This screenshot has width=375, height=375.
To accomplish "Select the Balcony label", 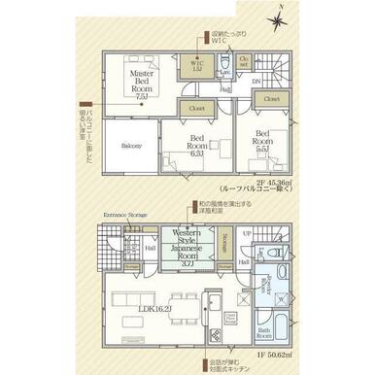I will coord(132,146).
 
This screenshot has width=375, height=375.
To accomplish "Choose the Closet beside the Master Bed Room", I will coord(196,110).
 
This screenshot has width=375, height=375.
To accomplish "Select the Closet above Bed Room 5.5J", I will coord(271,99).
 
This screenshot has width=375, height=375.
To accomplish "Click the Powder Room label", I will coord(263,284).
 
